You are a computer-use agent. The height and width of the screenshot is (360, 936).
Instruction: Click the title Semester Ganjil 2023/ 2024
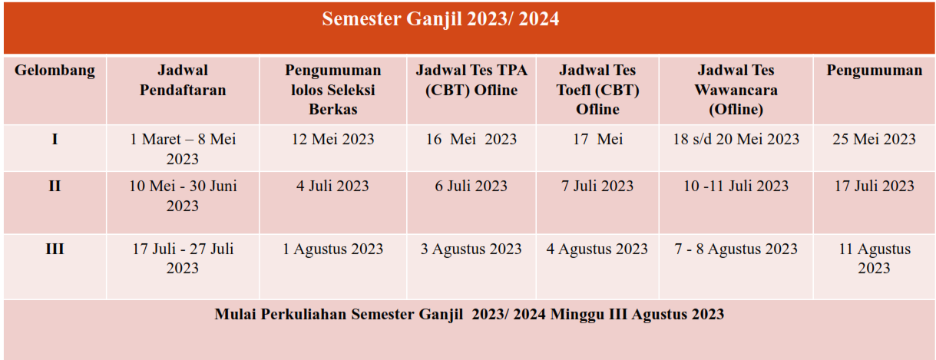441,19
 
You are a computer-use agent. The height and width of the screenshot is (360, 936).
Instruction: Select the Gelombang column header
55,71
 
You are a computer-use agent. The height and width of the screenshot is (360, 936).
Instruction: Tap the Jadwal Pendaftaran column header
183,80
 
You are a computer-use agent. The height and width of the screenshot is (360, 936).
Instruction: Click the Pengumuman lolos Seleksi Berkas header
333,89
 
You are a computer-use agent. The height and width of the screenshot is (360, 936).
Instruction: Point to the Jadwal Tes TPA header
471,80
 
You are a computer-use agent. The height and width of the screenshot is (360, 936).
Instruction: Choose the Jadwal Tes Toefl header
597,89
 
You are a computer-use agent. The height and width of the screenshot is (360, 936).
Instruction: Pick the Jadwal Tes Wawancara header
736,89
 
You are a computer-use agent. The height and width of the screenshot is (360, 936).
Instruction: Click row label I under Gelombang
55,139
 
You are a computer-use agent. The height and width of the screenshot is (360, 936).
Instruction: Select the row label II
55,186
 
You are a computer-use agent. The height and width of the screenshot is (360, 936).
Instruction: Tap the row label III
55,249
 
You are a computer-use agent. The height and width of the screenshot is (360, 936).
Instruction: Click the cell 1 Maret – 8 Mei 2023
183,149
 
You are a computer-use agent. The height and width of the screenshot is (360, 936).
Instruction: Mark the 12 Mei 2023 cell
333,139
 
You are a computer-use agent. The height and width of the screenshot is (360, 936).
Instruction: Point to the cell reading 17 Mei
597,139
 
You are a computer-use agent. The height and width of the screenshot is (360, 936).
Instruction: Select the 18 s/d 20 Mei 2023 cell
736,139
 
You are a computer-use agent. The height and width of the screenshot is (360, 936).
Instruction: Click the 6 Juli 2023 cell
471,186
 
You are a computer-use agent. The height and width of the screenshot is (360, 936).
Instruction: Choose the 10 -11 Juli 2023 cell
736,186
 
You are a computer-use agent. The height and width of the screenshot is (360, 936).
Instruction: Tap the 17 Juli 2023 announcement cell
874,186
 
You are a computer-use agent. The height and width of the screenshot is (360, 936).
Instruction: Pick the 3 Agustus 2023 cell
471,249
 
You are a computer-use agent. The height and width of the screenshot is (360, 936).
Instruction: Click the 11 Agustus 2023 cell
874,258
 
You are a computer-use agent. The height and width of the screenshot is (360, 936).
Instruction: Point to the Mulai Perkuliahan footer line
469,315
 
